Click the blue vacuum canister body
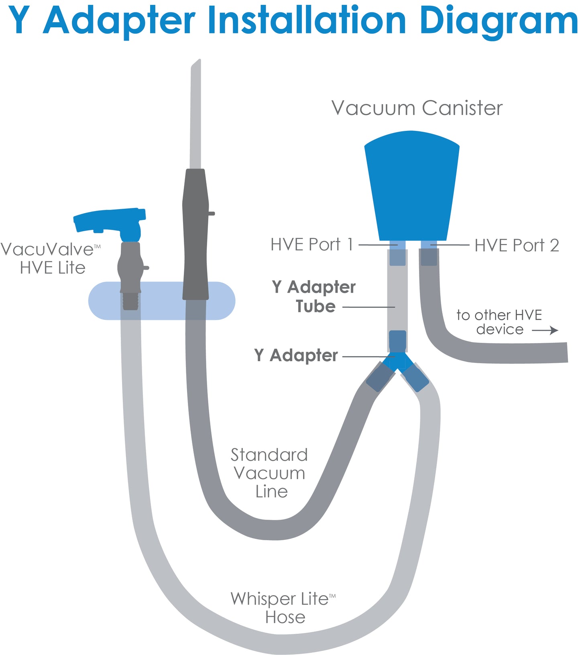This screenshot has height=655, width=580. [x=412, y=185]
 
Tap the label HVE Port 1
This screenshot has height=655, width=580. [x=311, y=244]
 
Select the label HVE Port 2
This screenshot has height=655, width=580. [x=517, y=245]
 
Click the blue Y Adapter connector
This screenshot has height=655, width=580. [x=397, y=360]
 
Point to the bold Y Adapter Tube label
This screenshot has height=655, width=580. [x=314, y=297]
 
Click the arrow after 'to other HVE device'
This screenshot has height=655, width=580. [x=545, y=330]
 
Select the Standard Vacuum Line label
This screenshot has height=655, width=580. [x=269, y=473]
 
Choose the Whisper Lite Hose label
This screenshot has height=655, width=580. [x=284, y=608]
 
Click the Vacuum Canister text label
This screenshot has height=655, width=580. [x=417, y=108]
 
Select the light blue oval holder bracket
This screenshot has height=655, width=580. [x=162, y=301]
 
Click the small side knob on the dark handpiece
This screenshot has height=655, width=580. [x=212, y=214]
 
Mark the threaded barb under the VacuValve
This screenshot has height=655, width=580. [x=130, y=301]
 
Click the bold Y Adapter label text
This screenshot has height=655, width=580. [x=296, y=355]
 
